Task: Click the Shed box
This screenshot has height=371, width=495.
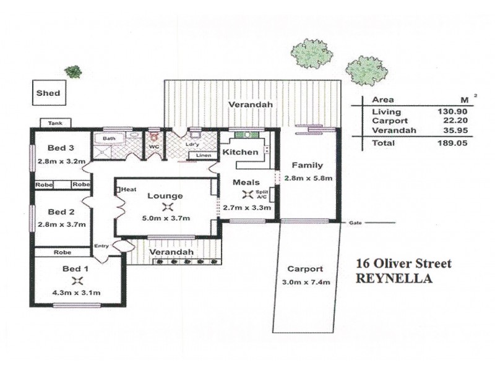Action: pyautogui.click(x=48, y=93)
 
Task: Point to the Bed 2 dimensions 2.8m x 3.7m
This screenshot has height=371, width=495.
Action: pyautogui.click(x=60, y=225)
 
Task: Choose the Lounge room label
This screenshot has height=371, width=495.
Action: pyautogui.click(x=165, y=196)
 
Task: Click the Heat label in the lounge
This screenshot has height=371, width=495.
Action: pyautogui.click(x=128, y=189)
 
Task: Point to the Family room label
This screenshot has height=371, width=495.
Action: pyautogui.click(x=307, y=166)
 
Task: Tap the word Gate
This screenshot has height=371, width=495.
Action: pyautogui.click(x=355, y=221)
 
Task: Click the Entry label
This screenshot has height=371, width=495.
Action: pyautogui.click(x=101, y=246)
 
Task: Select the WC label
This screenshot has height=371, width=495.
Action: pyautogui.click(x=154, y=147)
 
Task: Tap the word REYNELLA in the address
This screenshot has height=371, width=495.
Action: pyautogui.click(x=394, y=278)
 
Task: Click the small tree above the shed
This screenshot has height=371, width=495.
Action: pyautogui.click(x=74, y=71)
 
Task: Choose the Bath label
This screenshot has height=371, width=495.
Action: pyautogui.click(x=109, y=139)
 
